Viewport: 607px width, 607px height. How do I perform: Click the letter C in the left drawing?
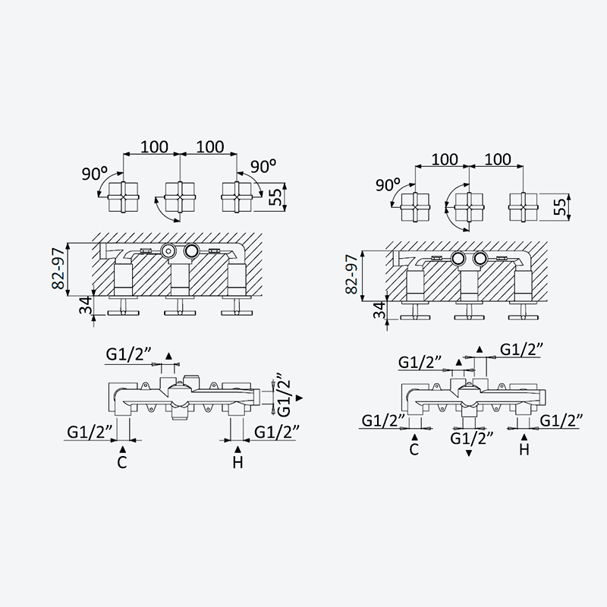[x=122, y=462]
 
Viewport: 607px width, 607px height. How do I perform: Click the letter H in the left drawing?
[x=237, y=462]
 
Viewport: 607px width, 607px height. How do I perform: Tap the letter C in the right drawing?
[x=414, y=449]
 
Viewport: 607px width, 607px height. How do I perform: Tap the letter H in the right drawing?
[x=524, y=449]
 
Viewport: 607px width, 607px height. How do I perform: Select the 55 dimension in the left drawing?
[x=275, y=198]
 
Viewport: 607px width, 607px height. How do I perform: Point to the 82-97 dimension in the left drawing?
[x=58, y=269]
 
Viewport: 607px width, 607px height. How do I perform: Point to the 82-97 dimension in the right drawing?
[x=351, y=275]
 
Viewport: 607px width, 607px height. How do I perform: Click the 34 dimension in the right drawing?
[x=380, y=310]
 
